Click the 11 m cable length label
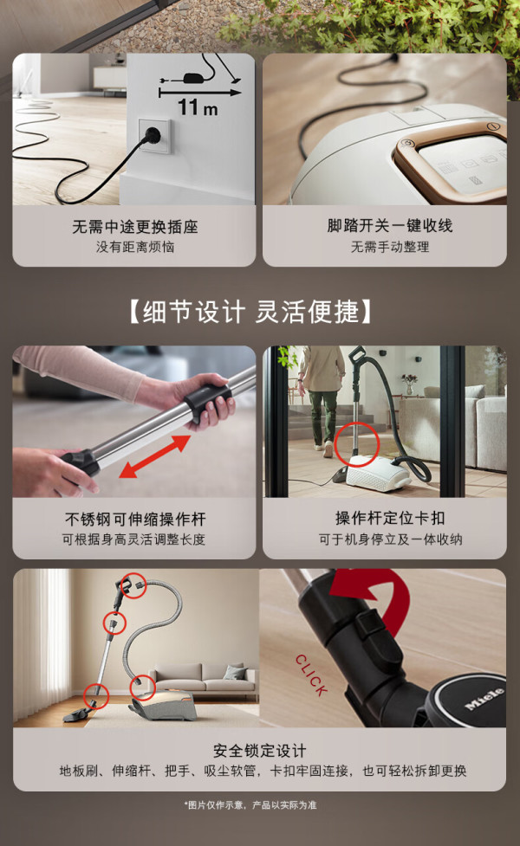tap(198, 107)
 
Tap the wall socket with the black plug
tap(154, 136)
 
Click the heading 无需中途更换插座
tap(135, 227)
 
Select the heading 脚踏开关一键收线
tap(390, 225)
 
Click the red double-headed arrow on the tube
tap(155, 456)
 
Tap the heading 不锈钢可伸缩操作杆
tap(135, 519)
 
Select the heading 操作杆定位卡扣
tap(390, 518)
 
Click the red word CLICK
tap(312, 675)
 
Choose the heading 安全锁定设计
tap(260, 751)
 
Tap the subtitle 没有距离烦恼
tap(135, 247)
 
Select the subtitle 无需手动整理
tap(390, 247)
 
